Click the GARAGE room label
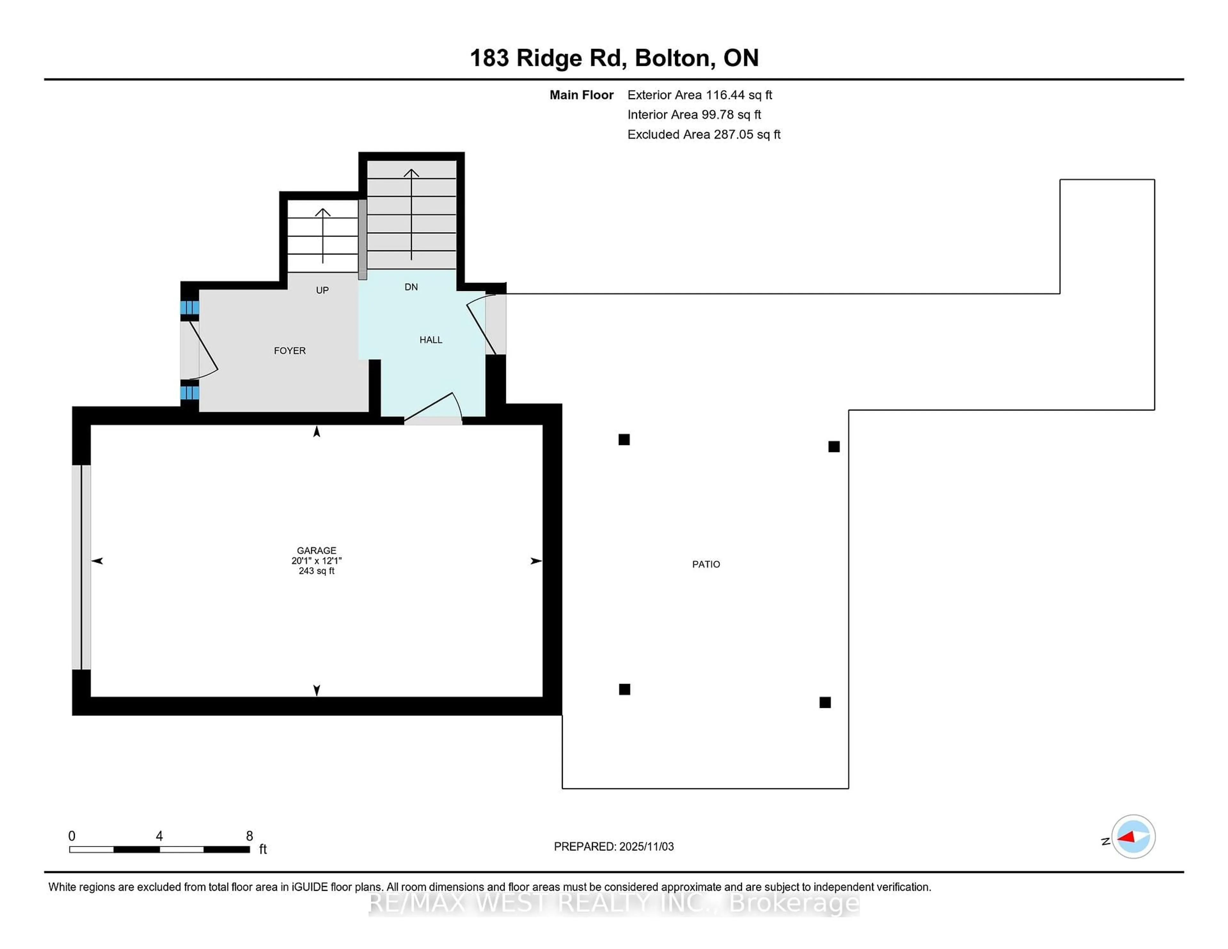click(317, 550)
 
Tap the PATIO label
click(706, 564)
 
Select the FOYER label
click(289, 350)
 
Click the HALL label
click(431, 340)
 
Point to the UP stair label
click(322, 290)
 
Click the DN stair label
click(411, 287)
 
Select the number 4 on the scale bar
click(159, 836)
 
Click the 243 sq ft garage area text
click(317, 571)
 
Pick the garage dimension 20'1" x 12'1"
click(317, 561)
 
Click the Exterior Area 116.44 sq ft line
click(699, 95)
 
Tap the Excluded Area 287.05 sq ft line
click(704, 134)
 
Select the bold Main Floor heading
click(581, 95)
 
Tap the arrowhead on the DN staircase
click(411, 172)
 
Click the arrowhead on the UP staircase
click(323, 212)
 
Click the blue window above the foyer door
click(190, 308)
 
